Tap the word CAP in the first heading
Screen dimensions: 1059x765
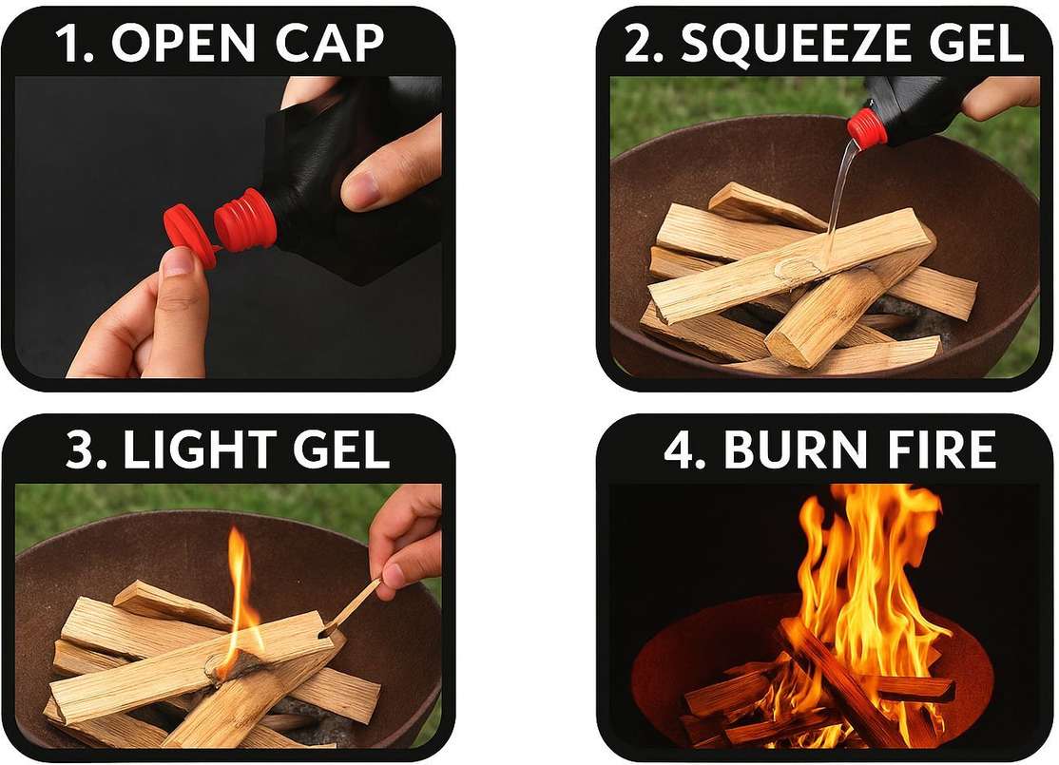330,44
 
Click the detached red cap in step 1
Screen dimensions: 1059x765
189,236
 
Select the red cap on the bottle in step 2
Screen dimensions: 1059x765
867,127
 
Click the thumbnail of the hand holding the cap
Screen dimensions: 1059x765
179,260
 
